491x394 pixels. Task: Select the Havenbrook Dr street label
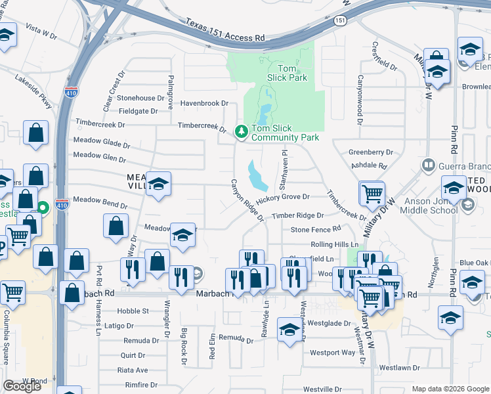click(x=204, y=103)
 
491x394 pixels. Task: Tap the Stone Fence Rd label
click(x=316, y=229)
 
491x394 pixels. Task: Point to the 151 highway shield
click(x=339, y=21)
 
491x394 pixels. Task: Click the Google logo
click(x=22, y=386)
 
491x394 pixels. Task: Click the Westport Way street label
click(x=332, y=353)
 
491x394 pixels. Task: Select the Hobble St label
click(x=133, y=311)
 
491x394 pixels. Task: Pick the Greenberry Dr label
click(x=371, y=152)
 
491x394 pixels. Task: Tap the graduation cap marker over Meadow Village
click(x=158, y=185)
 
